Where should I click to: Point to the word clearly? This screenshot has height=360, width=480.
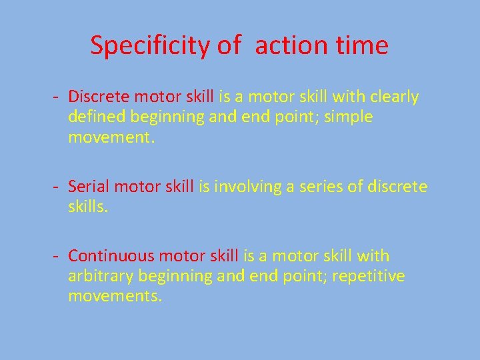tap(393, 97)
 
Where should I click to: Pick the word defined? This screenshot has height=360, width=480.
tap(97, 117)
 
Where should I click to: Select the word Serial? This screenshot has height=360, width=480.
tap(88, 187)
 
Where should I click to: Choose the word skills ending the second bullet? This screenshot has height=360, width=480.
tap(87, 207)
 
